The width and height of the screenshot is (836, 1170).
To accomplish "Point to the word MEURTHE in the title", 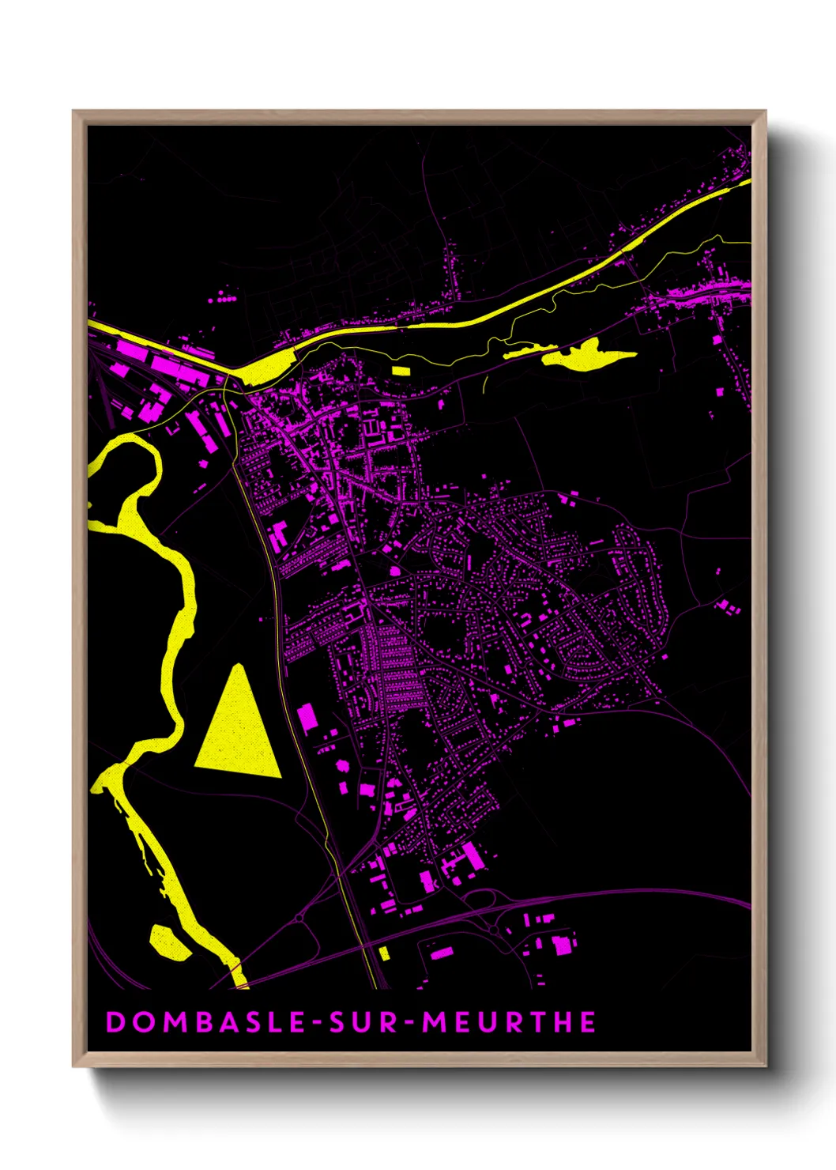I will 510,1022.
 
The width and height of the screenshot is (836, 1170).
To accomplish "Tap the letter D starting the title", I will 115,1022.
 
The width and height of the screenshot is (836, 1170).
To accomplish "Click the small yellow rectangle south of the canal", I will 401,369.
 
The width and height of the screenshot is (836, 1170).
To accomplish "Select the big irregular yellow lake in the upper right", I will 589,354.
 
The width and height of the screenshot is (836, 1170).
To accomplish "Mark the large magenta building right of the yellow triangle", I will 307,717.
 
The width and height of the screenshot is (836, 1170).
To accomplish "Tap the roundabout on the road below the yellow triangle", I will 299,918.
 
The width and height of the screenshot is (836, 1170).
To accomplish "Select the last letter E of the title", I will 588,1022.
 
